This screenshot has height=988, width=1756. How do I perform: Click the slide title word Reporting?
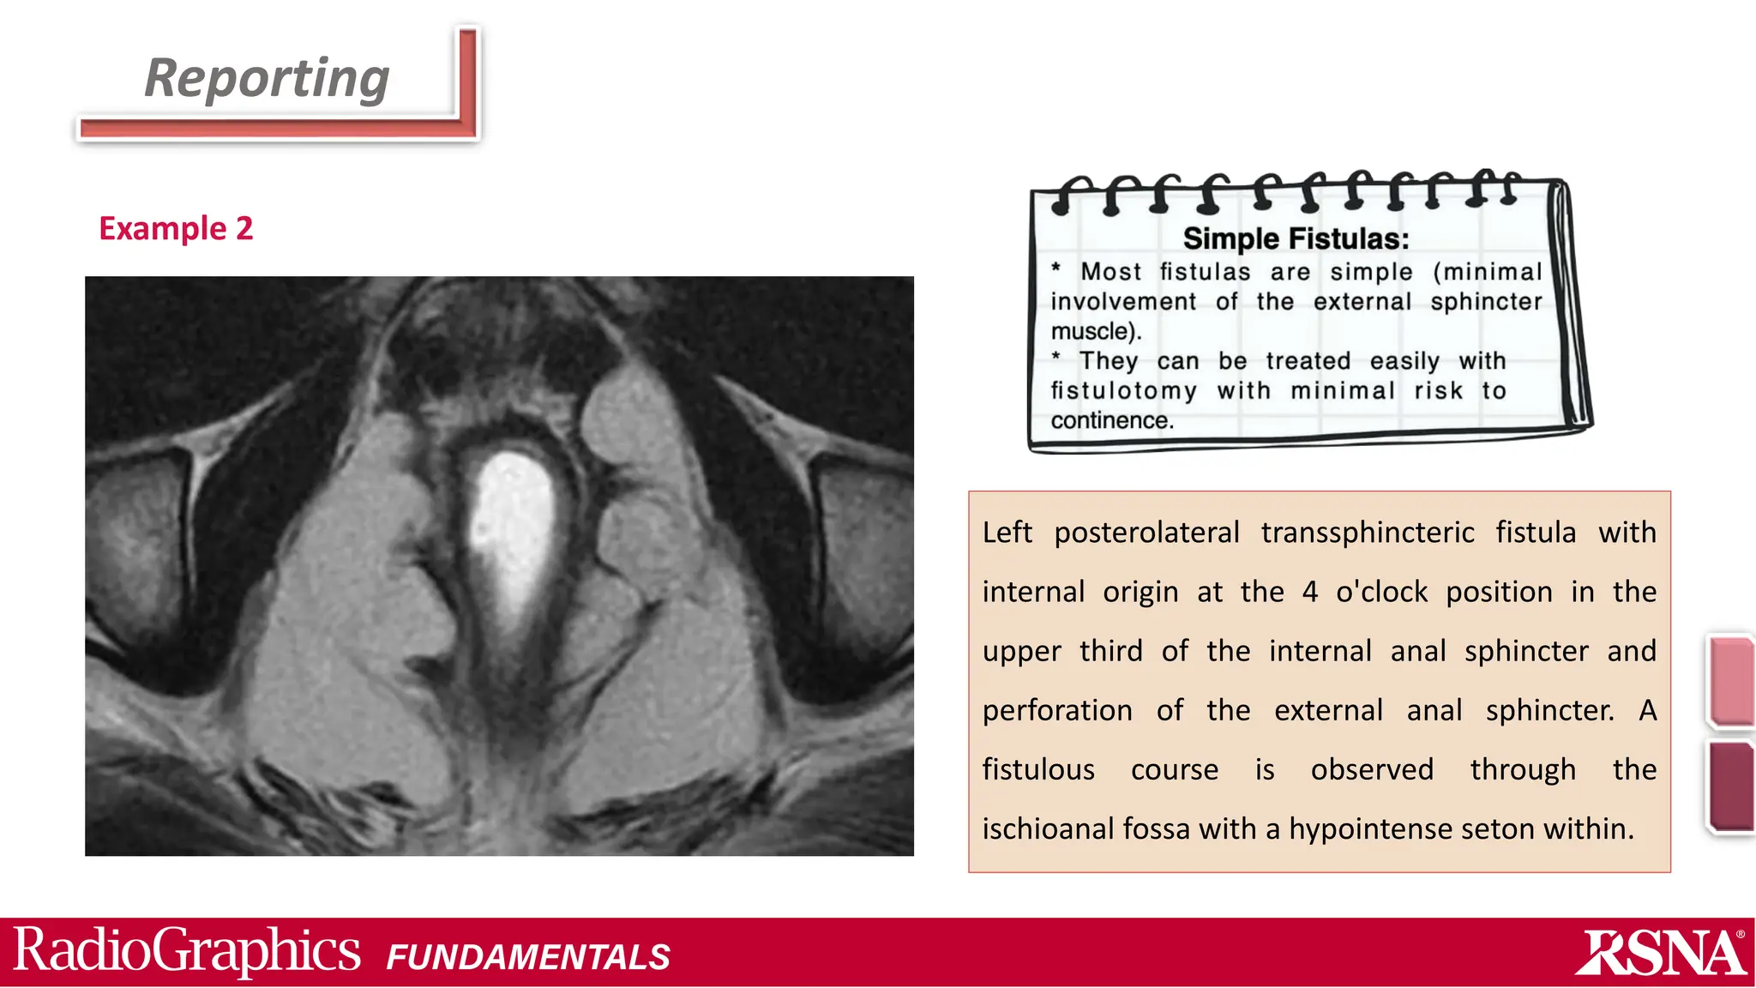tap(267, 79)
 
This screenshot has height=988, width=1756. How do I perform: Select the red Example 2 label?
tap(176, 229)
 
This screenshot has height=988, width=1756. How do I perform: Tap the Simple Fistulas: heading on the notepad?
tap(1296, 238)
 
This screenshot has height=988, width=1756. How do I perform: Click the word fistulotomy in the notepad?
tap(1123, 391)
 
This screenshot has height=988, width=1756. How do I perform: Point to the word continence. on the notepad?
tap(1112, 420)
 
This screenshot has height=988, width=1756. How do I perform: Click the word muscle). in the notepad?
tap(1096, 331)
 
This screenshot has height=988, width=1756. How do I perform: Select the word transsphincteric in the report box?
tap(1368, 533)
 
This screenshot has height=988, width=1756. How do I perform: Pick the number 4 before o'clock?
tap(1309, 592)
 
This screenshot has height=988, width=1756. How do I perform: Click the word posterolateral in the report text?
tap(1146, 533)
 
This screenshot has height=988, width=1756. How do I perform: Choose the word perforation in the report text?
tap(1057, 711)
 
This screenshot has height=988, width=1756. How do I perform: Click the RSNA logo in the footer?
tap(1660, 953)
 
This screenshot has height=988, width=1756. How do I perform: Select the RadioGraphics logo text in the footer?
tap(187, 951)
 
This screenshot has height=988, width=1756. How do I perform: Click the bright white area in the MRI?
tap(513, 532)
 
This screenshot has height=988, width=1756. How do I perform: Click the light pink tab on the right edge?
tap(1731, 681)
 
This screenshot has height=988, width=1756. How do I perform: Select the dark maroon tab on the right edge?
tap(1731, 786)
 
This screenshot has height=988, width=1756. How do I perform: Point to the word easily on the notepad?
tap(1404, 361)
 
